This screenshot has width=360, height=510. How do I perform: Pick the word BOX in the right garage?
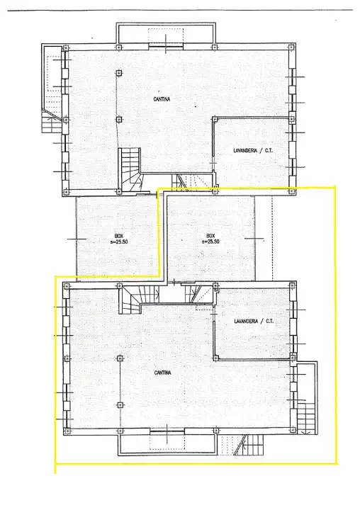(x=210, y=236)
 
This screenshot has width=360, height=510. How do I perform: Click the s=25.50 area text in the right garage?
(x=211, y=242)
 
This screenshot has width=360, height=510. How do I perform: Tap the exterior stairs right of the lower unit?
(x=305, y=415)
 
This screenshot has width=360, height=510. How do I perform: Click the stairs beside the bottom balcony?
(x=242, y=446)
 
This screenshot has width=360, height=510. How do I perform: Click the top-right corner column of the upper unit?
(x=291, y=47)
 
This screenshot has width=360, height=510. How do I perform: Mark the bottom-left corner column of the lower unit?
(x=66, y=429)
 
